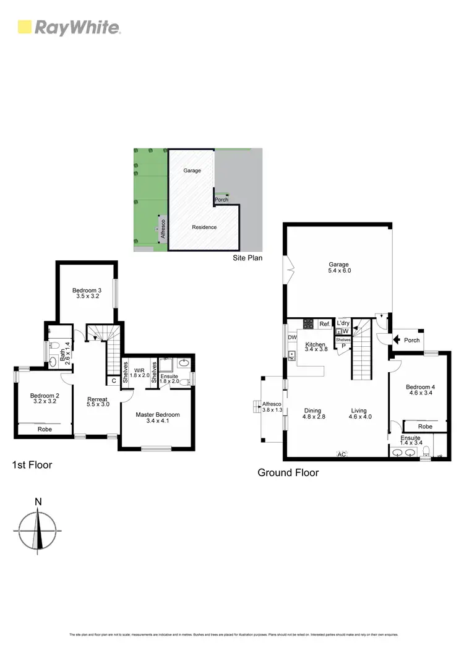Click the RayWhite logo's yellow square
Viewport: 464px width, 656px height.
click(25, 27)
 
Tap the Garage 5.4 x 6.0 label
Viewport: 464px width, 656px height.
click(339, 268)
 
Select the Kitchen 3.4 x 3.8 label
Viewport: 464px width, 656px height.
click(315, 347)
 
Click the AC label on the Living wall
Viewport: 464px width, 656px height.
click(341, 454)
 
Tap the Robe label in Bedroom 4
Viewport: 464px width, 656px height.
click(424, 427)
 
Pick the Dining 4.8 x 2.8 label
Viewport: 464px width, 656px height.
click(314, 414)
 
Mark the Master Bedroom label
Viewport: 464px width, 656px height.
click(158, 419)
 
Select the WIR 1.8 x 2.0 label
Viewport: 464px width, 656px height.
click(139, 373)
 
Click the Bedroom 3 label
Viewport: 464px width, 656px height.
click(87, 293)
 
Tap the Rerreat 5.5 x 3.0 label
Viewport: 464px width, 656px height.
click(98, 401)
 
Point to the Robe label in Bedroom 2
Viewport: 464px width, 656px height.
click(45, 429)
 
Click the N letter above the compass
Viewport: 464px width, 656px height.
click(38, 501)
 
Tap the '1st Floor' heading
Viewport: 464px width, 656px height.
click(32, 464)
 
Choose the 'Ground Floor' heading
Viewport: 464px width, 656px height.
click(288, 473)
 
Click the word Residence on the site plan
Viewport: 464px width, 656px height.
click(204, 227)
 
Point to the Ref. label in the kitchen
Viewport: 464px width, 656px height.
click(324, 324)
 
